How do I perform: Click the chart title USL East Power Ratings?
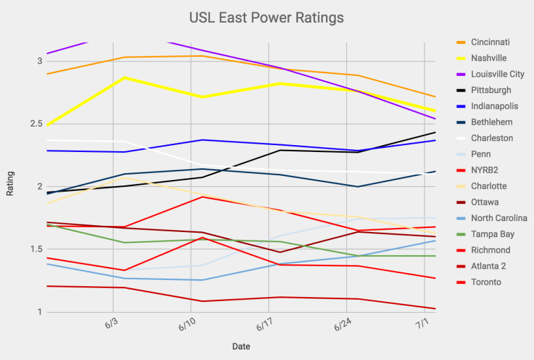pos(266,16)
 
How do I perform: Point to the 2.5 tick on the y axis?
pos(34,124)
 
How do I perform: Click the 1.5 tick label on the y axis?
pos(34,249)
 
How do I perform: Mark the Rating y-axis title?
pos(10,183)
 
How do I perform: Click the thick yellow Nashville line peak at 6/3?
pos(125,78)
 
